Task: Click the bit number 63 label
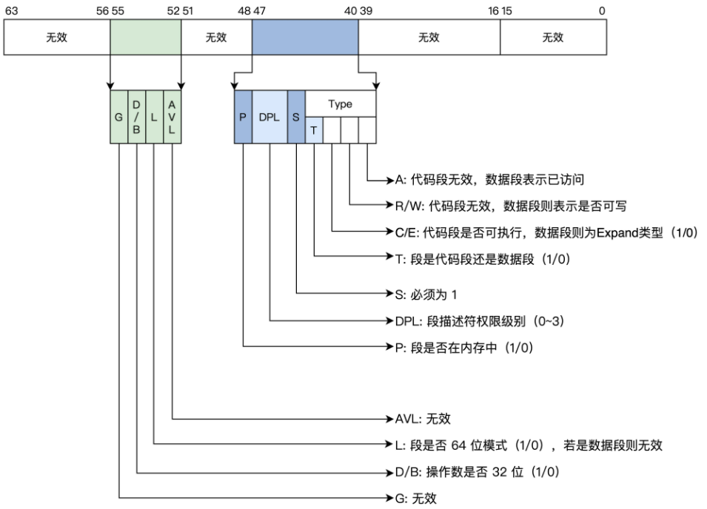pos(10,10)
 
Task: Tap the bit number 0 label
pos(602,10)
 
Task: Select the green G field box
pos(119,117)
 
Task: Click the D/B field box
pos(137,117)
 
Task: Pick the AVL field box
pos(172,117)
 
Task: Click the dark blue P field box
pos(243,117)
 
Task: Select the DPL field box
pos(269,117)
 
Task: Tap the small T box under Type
pos(314,129)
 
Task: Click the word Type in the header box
pos(341,104)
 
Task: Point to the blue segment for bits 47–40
pos(305,37)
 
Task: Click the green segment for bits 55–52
pos(145,37)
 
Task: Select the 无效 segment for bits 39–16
pos(429,37)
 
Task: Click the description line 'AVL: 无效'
pos(423,419)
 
